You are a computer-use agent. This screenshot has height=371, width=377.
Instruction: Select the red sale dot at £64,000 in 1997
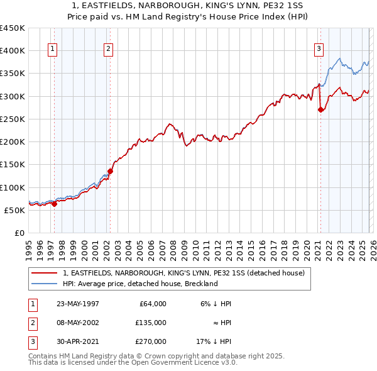pyautogui.click(x=55, y=203)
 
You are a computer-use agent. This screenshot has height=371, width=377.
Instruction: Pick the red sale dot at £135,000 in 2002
pyautogui.click(x=110, y=170)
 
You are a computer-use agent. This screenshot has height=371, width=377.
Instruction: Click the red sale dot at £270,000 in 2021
pyautogui.click(x=320, y=109)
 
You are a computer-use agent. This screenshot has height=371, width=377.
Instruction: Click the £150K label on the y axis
pyautogui.click(x=13, y=164)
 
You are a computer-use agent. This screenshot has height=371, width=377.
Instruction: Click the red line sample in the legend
pyautogui.click(x=45, y=274)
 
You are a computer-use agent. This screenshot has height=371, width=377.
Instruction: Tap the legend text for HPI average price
pyautogui.click(x=140, y=284)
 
